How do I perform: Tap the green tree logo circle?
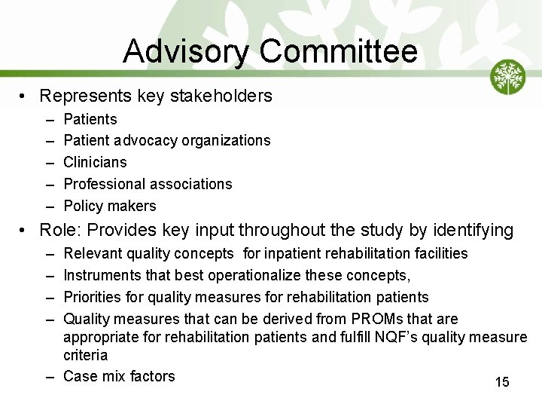508,77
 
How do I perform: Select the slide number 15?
502,382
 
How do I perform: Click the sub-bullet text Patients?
90,119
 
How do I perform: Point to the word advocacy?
146,140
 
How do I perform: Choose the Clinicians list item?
95,162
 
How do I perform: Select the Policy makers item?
110,206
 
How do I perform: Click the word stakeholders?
226,96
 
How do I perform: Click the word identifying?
473,230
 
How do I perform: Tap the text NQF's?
399,337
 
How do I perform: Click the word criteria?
86,354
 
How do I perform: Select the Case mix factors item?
119,375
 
